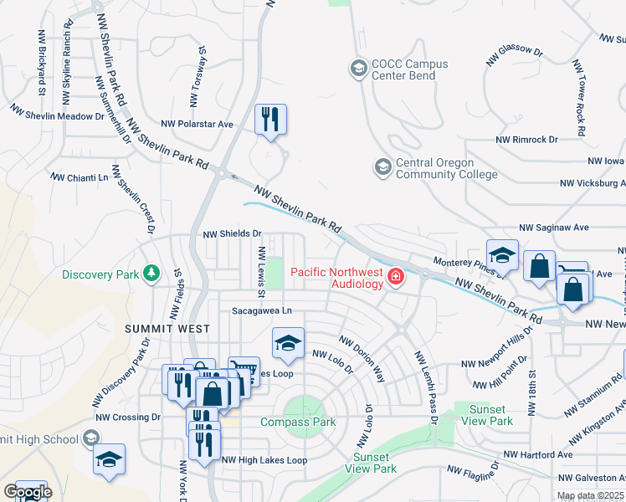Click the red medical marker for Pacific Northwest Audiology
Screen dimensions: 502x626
tap(395, 274)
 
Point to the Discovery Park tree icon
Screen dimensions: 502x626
tap(151, 274)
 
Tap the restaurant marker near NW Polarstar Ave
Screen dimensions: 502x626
tap(270, 118)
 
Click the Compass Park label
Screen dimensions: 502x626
tap(298, 422)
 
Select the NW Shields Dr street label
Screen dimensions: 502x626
tap(233, 235)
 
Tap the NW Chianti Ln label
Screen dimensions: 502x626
tap(80, 177)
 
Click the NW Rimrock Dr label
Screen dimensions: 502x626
tap(526, 140)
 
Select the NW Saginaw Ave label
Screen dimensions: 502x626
tap(554, 227)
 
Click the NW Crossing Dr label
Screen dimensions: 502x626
tap(127, 417)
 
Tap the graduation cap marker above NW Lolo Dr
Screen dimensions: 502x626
tap(288, 343)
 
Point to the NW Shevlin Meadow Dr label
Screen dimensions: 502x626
tap(56, 115)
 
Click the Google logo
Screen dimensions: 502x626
tap(27, 492)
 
